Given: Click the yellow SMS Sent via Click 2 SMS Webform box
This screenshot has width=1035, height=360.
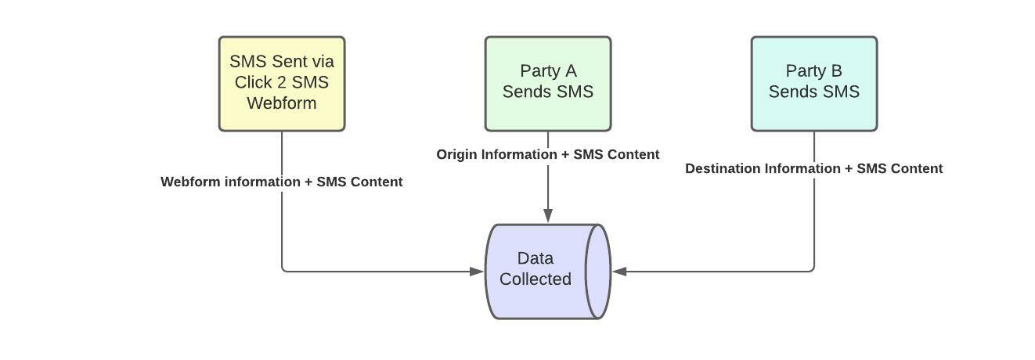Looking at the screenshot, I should coord(282,84).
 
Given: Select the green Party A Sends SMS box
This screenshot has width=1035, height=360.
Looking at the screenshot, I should coord(548,84).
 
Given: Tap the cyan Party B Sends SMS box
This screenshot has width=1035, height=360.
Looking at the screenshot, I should coord(814,84).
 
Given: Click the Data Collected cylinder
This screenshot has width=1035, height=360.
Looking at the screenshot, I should coord(540,272).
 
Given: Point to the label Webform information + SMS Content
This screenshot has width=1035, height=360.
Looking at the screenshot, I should coord(282,182).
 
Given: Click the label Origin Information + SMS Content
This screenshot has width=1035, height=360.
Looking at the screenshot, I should coord(548,154).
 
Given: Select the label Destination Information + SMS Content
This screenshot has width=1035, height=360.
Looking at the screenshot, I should coord(814,168).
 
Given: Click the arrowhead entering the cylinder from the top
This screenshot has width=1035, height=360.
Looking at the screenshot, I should coord(548,215).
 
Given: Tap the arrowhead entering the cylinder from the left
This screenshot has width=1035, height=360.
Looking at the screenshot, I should coord(476,272).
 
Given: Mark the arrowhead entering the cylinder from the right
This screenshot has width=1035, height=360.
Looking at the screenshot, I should coord(620,272).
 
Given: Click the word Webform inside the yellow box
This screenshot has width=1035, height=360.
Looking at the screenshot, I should coord(282,103).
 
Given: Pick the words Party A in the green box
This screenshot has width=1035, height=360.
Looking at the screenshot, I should coord(548,71).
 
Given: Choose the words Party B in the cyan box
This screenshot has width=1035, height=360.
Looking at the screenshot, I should coord(814,71).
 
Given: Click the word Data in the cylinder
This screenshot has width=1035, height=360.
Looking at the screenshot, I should coord(536,258).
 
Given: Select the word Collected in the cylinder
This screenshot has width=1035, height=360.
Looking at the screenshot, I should coord(536,279).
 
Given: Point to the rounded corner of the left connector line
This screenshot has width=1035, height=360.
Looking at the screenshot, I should coord(284,270).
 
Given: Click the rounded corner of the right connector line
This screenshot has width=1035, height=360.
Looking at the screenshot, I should coord(812,270).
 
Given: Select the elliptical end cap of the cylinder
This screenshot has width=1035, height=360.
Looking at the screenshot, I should coord(598,272).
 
